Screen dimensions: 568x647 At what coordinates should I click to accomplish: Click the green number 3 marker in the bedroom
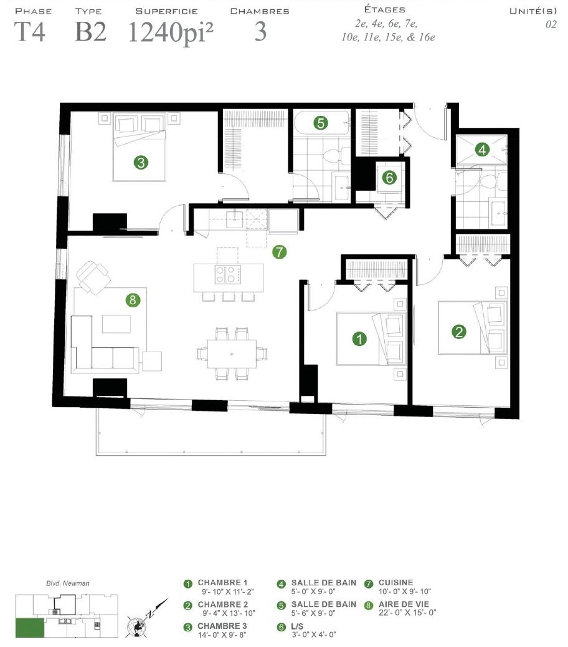141,162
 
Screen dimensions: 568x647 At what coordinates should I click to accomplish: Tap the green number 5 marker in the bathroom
321,123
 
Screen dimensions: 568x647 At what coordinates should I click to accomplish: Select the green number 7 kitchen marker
280,252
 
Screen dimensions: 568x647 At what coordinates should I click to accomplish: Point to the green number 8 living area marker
133,300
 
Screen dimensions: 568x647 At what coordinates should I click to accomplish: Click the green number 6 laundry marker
389,178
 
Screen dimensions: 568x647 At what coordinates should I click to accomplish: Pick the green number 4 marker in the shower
482,150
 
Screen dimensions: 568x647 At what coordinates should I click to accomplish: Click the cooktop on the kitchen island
227,274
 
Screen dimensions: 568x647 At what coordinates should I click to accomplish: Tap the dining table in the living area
232,353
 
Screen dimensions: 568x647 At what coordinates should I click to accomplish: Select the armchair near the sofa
94,277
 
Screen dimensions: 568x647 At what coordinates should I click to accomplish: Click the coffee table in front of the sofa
116,324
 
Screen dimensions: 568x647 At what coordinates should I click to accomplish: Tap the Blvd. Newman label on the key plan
68,583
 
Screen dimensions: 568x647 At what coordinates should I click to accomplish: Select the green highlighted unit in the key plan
30,628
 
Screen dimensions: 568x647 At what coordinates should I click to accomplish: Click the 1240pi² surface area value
170,32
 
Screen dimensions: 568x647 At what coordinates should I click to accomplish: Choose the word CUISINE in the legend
395,583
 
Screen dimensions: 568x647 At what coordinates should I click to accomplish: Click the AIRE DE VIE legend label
404,604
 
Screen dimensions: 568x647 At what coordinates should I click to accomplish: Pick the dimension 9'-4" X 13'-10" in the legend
229,613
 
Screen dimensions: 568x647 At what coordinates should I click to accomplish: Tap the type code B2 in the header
91,32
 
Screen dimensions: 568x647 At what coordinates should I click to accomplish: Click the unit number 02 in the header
551,24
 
